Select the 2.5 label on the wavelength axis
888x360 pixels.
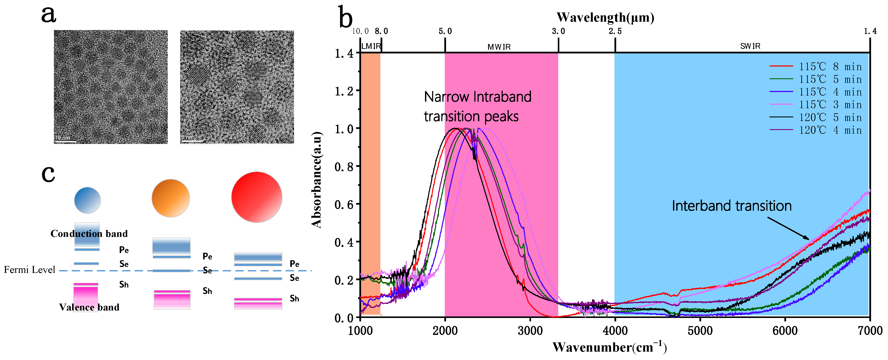point(615,31)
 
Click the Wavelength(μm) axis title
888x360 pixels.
point(605,17)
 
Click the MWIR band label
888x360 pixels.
point(499,47)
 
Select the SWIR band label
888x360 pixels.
point(750,46)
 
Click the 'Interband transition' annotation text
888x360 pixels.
point(732,206)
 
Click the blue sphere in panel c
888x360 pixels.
point(88,200)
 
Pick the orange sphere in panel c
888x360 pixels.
point(171,198)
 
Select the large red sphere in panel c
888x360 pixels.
point(257,197)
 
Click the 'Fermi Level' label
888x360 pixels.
point(29,270)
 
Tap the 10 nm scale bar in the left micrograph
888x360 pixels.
point(65,141)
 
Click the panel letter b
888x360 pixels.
point(346,17)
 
